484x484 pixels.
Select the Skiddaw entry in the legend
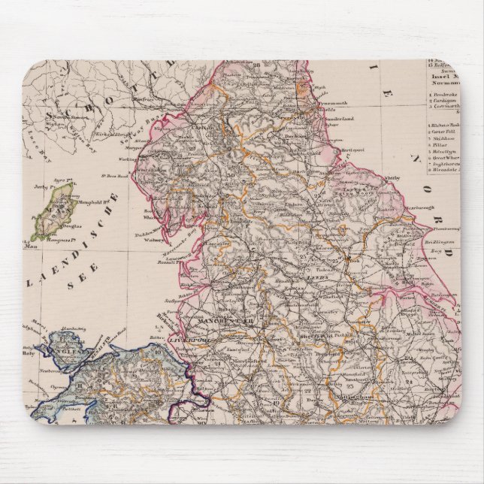tap(449, 139)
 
